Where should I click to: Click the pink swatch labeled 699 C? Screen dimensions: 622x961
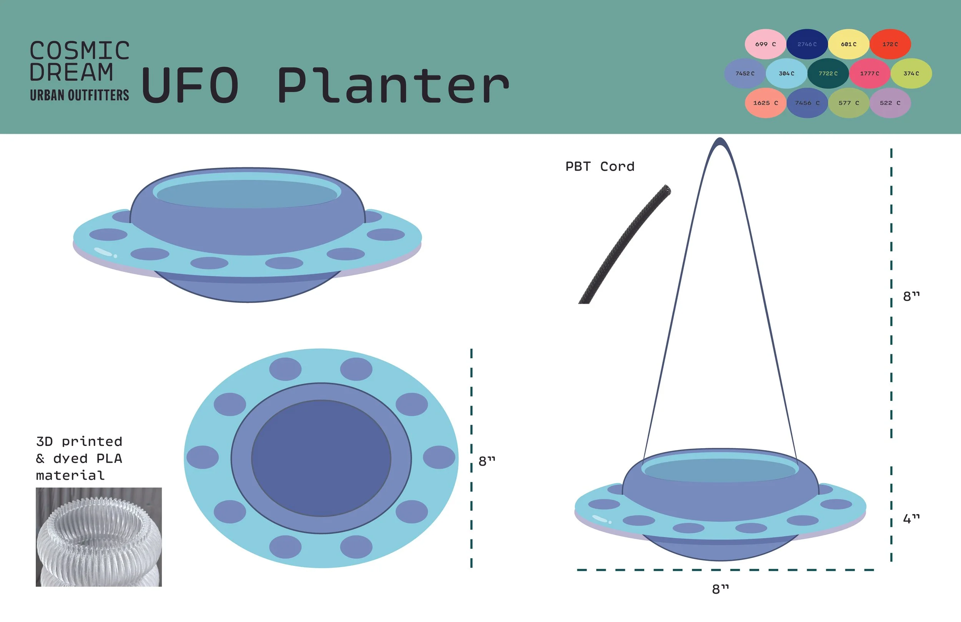pos(765,44)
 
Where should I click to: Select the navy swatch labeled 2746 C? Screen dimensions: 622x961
pos(807,44)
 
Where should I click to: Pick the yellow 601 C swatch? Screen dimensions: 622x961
pos(848,44)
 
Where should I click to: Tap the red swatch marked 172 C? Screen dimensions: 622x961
pos(890,44)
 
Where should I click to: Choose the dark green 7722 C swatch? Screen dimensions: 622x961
pos(828,73)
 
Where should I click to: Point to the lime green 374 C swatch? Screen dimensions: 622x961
pos(911,73)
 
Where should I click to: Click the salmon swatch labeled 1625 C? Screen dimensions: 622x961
pos(765,103)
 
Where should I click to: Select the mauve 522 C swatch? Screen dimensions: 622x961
pos(890,103)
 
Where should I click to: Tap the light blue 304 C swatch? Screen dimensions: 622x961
pos(786,73)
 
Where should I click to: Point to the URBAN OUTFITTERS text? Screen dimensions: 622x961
pos(80,95)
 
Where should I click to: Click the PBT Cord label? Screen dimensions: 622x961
pos(600,166)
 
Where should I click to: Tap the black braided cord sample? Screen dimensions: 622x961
pos(624,244)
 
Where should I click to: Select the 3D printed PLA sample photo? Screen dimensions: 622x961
pos(98,537)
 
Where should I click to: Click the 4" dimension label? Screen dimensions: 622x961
pos(911,518)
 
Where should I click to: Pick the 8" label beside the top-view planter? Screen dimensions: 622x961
pos(487,461)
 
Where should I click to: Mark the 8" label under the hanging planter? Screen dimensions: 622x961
pos(720,589)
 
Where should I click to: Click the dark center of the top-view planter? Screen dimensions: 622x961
pos(321,458)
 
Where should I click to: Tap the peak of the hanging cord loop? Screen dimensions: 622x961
pos(720,141)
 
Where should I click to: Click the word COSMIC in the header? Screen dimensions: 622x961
pos(80,51)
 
